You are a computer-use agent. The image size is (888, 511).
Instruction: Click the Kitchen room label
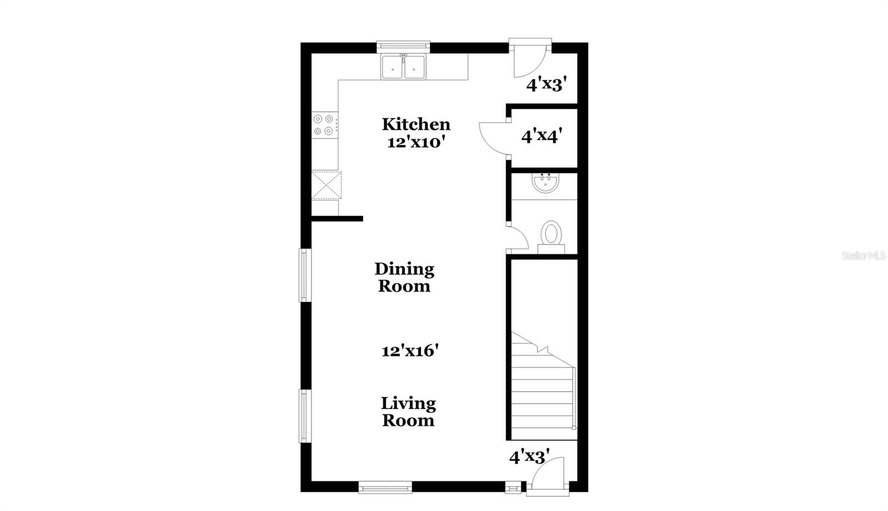click(x=416, y=124)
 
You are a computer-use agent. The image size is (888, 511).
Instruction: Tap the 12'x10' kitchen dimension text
click(x=416, y=142)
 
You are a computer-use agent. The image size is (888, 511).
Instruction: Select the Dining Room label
click(x=404, y=277)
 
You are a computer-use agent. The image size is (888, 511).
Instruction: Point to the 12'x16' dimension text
click(x=410, y=351)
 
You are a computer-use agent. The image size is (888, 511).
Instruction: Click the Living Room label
click(x=408, y=412)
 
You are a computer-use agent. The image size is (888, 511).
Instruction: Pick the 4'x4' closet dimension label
click(x=542, y=135)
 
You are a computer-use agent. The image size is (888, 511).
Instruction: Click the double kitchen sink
click(x=403, y=67)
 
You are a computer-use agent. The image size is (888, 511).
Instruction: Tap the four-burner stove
click(x=324, y=125)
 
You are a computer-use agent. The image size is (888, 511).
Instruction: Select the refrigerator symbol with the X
click(x=326, y=185)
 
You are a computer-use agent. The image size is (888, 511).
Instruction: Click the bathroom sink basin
click(x=545, y=183)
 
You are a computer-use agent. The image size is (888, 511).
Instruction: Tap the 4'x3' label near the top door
click(x=546, y=84)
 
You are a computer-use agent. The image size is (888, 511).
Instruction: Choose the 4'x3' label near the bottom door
click(x=529, y=457)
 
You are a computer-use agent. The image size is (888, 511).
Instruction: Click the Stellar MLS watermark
click(x=864, y=256)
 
